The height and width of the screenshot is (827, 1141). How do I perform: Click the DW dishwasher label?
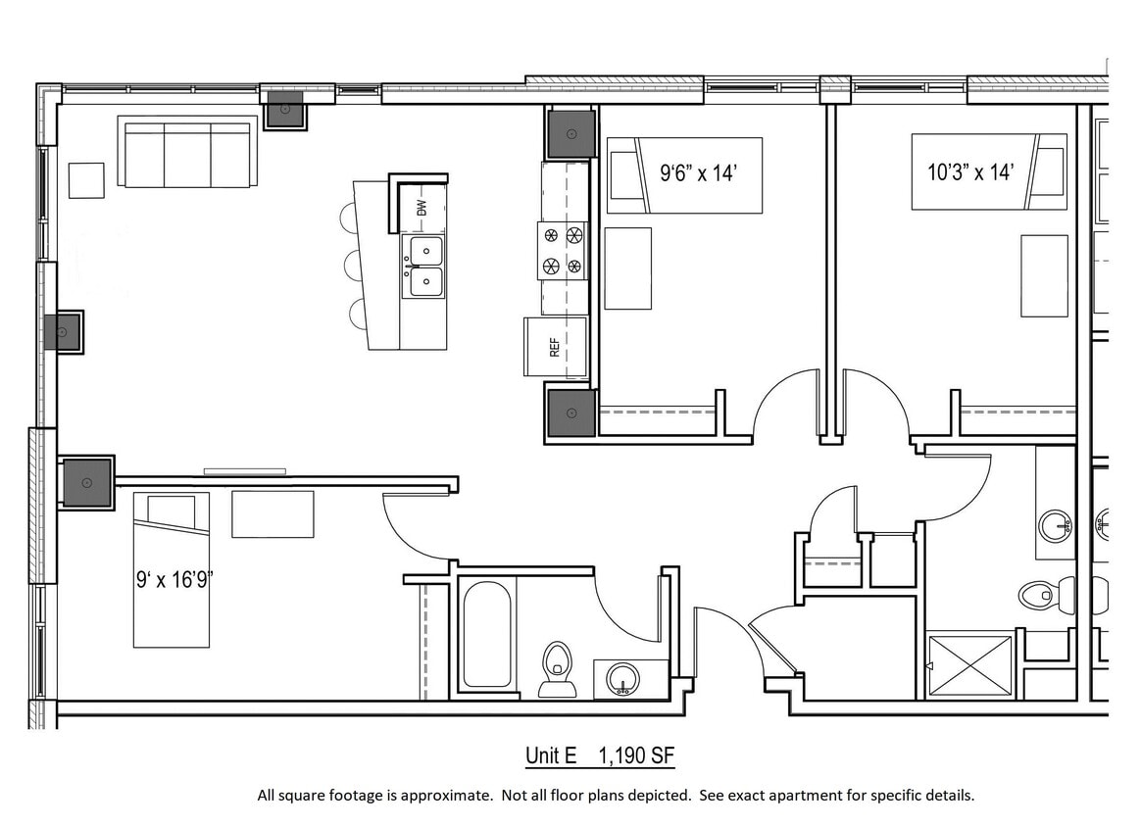point(422,208)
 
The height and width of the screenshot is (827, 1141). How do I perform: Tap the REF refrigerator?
point(556,347)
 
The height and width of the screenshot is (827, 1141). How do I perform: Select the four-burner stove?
point(563,250)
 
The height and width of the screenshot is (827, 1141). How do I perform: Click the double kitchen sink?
point(424,266)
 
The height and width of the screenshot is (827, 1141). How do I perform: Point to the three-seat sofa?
point(187,152)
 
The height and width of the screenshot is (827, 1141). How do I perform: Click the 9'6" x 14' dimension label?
point(698,173)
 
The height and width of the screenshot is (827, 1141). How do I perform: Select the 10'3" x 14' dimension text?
point(970,172)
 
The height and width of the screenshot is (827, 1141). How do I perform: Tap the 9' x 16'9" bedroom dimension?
point(174,579)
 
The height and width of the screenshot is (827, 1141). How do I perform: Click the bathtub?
point(486,635)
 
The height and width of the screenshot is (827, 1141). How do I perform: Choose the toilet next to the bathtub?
point(557,669)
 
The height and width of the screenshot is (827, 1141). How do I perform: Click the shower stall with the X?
point(968,665)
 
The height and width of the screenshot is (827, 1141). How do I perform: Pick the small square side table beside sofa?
point(85,180)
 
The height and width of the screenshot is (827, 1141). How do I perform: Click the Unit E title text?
point(551,755)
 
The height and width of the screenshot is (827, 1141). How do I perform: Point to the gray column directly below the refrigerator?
point(570,412)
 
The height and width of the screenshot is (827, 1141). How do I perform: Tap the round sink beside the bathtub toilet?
point(621,678)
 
